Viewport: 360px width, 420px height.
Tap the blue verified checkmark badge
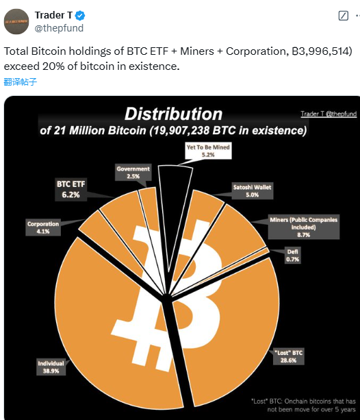pyautogui.click(x=79, y=15)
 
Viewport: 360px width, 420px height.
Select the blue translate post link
pyautogui.click(x=20, y=82)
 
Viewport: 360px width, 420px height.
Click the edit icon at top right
pyautogui.click(x=344, y=16)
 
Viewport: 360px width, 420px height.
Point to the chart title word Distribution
pyautogui.click(x=173, y=114)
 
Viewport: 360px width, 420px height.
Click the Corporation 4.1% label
pyautogui.click(x=43, y=227)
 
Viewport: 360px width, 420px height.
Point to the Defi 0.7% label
pyautogui.click(x=293, y=255)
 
